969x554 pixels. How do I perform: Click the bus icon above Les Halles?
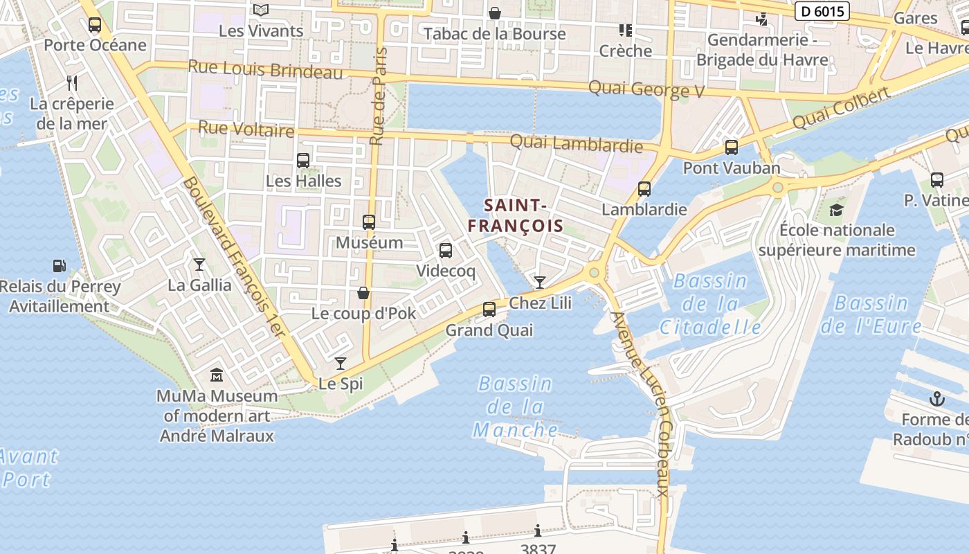(303, 161)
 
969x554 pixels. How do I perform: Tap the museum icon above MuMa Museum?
(217, 375)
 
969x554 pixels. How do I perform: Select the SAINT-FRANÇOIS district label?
(515, 215)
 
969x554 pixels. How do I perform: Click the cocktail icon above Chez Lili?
(539, 282)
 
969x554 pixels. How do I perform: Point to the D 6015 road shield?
(822, 11)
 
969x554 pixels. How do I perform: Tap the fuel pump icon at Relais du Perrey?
(60, 266)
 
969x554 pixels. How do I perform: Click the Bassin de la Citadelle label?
(710, 304)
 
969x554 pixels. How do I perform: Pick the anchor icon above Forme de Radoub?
(936, 399)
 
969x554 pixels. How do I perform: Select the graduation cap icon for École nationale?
(837, 210)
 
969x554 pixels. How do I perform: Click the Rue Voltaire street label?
(246, 129)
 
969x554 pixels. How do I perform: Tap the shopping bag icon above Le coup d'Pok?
(363, 293)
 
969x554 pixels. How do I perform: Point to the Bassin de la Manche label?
(516, 407)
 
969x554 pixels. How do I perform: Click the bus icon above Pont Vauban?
(731, 148)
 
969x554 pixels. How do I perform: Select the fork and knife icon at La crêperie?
(72, 83)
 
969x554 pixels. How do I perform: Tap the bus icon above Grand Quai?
(489, 310)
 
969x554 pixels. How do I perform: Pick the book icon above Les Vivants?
(260, 10)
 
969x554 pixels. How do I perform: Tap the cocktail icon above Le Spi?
(340, 364)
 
